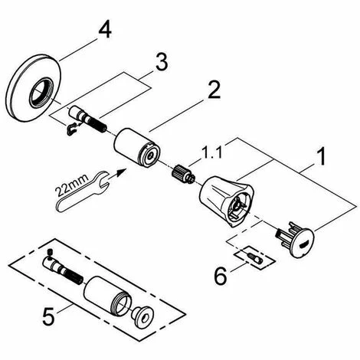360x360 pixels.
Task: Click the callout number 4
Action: [x=105, y=28]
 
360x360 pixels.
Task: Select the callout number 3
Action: [x=162, y=61]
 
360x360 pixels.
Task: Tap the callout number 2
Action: [x=214, y=90]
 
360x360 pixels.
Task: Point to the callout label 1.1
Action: [x=211, y=152]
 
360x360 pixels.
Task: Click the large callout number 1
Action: [x=321, y=156]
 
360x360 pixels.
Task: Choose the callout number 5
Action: [x=48, y=316]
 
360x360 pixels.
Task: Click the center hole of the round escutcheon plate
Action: [x=40, y=93]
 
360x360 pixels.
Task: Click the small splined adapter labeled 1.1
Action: [x=182, y=175]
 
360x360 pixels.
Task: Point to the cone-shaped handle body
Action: [x=226, y=202]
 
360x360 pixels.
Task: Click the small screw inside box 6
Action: [x=255, y=258]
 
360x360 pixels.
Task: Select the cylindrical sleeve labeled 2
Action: [x=137, y=147]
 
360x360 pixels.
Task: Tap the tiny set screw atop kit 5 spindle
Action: [x=51, y=253]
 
